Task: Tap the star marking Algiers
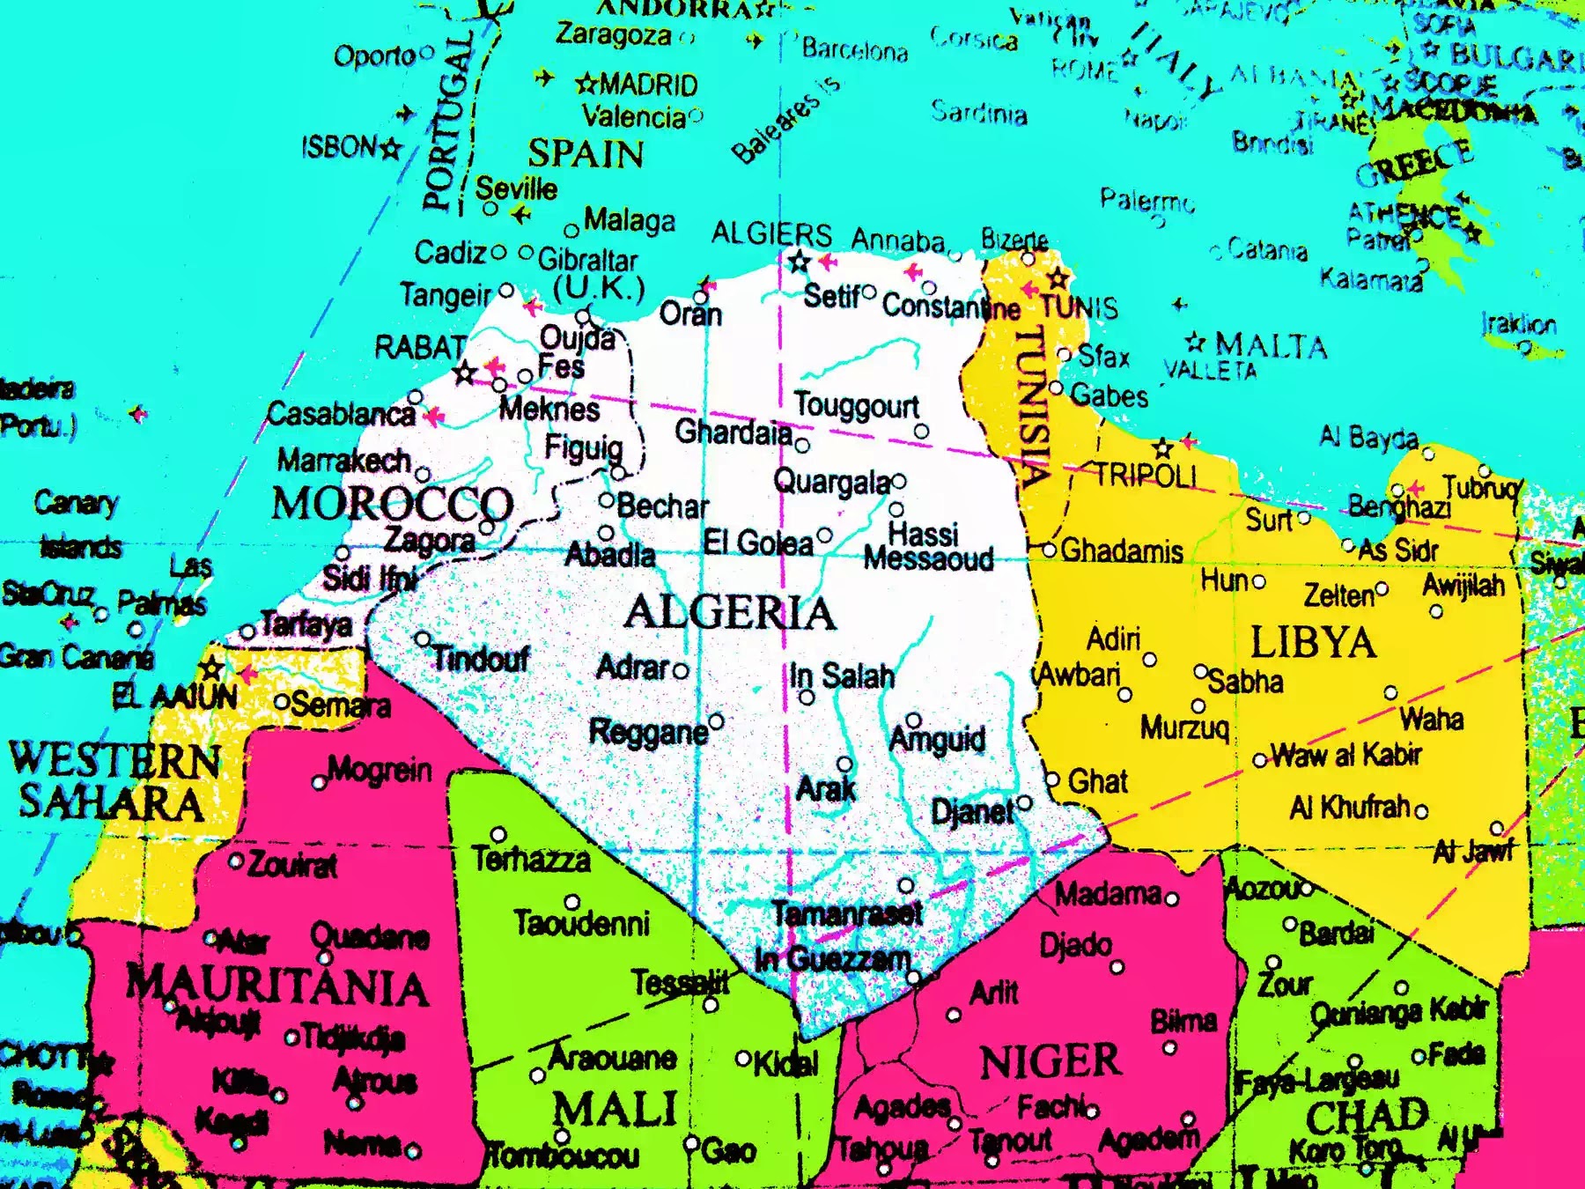[799, 262]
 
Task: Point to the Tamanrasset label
[847, 913]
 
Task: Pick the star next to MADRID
[586, 85]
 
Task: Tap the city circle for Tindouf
[423, 639]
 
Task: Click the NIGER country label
[1050, 1061]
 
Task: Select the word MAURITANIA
[277, 986]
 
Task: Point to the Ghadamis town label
[1121, 551]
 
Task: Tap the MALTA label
[1271, 345]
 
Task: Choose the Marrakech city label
[343, 460]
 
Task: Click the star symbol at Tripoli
[1163, 447]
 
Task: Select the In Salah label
[841, 676]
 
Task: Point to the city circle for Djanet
[1024, 802]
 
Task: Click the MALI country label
[615, 1108]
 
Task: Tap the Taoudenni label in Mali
[581, 923]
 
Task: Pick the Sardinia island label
[979, 113]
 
